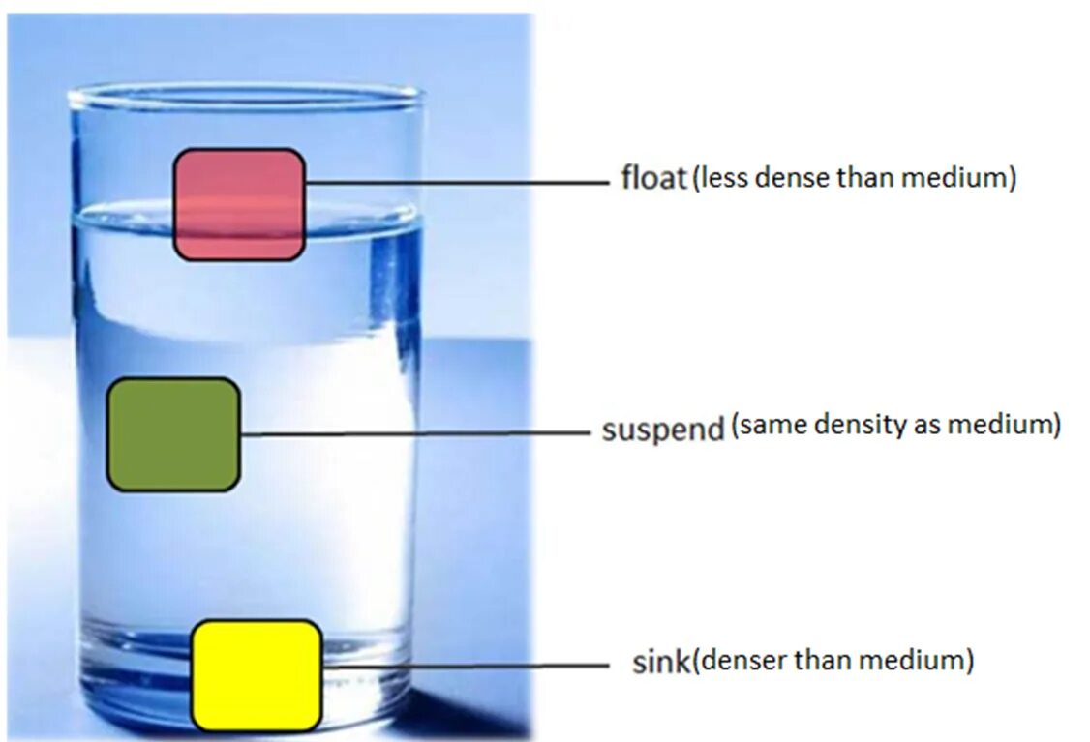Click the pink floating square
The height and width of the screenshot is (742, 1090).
coord(239,204)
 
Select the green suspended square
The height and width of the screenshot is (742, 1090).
coord(173,434)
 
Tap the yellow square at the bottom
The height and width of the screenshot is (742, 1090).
coord(257,675)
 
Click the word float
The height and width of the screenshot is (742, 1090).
coord(653,179)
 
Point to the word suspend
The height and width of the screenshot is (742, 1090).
coord(663,429)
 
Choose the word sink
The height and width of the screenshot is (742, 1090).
coord(660,663)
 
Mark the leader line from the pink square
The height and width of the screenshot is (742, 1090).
coord(455,182)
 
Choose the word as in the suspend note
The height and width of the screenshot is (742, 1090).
coord(923,426)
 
